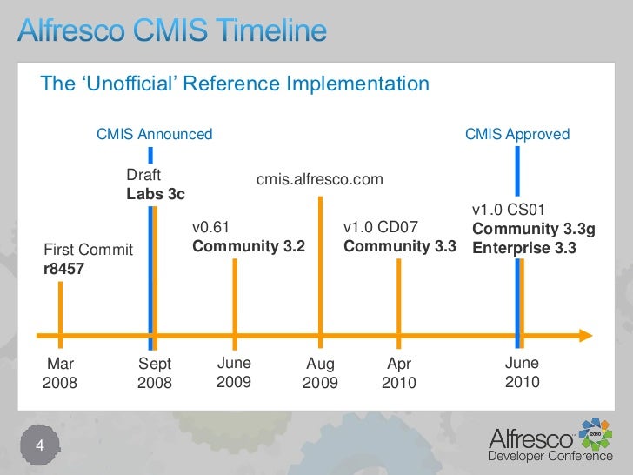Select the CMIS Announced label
tap(154, 134)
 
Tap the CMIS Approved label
tap(517, 134)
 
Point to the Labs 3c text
tap(156, 193)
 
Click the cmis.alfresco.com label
tap(319, 179)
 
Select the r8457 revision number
tap(64, 269)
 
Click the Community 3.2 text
tap(248, 246)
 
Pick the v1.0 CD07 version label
tap(381, 228)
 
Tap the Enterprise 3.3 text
tap(523, 247)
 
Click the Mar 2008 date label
tap(60, 373)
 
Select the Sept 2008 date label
tap(155, 373)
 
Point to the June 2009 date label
tap(233, 372)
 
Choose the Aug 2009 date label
tap(320, 373)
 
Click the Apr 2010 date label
tap(399, 373)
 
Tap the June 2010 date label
tap(522, 372)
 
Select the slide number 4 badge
tap(38, 446)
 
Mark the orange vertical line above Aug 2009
tap(321, 261)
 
